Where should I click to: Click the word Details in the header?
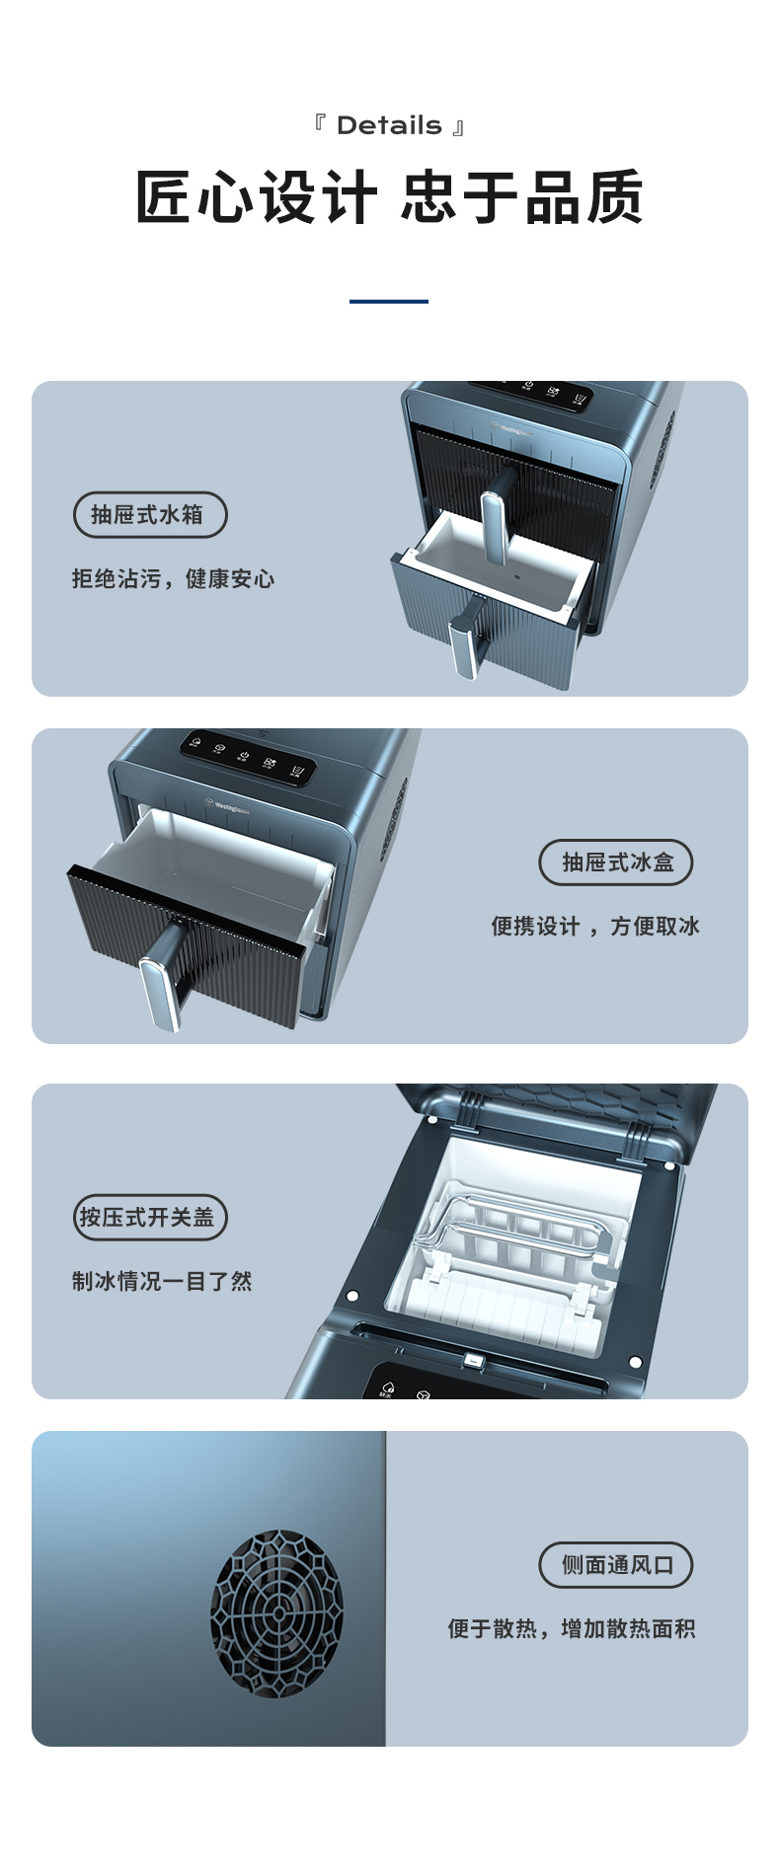click(x=389, y=125)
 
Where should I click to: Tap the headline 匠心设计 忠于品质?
click(x=389, y=197)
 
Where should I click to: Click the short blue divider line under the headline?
click(x=389, y=301)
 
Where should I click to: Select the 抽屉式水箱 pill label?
click(x=150, y=514)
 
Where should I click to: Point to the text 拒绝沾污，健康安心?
click(x=173, y=578)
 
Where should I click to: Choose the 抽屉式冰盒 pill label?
click(x=616, y=862)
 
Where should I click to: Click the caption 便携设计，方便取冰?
click(x=595, y=926)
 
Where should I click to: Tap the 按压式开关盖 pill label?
click(x=150, y=1217)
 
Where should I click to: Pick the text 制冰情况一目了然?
click(x=162, y=1281)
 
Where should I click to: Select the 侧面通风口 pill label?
click(x=616, y=1565)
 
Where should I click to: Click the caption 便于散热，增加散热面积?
click(x=572, y=1628)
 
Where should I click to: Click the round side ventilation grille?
click(x=276, y=1613)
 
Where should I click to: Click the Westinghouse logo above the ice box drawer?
click(x=227, y=804)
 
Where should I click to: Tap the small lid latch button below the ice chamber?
click(x=475, y=1361)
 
